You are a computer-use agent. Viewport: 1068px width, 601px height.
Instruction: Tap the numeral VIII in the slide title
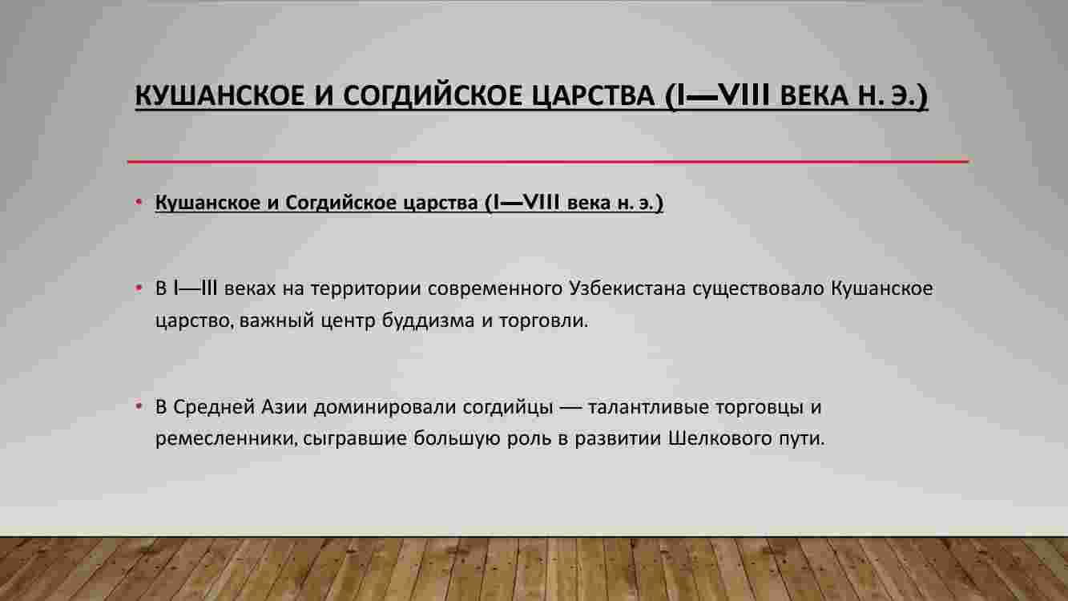point(744,95)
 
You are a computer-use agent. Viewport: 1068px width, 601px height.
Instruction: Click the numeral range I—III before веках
point(195,288)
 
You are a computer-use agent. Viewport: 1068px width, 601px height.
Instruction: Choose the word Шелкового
point(720,439)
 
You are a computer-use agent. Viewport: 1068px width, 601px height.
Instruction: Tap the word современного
point(495,289)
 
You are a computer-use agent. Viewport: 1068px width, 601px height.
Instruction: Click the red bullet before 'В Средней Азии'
point(139,406)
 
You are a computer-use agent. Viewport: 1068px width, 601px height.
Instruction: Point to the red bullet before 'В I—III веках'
point(139,288)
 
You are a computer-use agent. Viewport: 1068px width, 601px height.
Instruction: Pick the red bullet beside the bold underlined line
point(139,202)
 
